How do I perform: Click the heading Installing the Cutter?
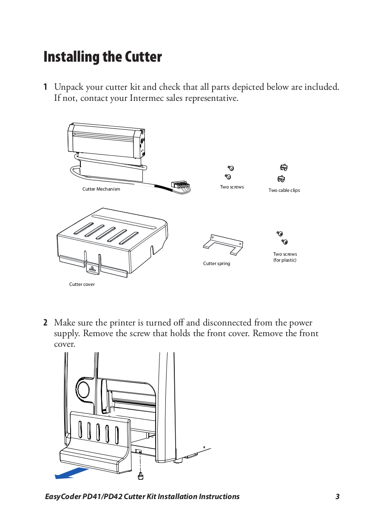click(x=102, y=57)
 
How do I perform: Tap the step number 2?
click(x=45, y=323)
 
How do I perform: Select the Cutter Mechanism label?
click(x=101, y=189)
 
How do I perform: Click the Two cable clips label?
click(x=284, y=191)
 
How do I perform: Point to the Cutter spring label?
click(x=216, y=264)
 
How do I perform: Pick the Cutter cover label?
click(x=82, y=284)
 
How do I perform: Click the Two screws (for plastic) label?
click(x=285, y=257)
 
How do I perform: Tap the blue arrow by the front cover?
click(x=71, y=473)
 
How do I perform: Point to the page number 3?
click(x=337, y=497)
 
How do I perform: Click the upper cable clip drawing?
click(x=284, y=168)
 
